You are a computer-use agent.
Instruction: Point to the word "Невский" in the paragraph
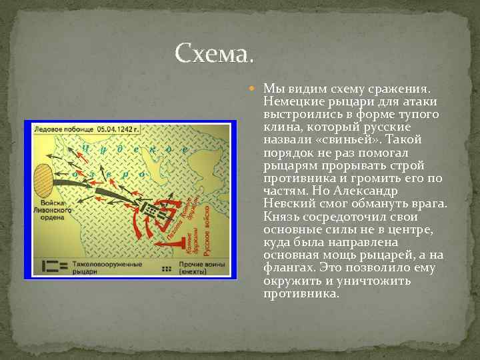[x=289, y=203]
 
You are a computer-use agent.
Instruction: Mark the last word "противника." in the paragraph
[x=301, y=293]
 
